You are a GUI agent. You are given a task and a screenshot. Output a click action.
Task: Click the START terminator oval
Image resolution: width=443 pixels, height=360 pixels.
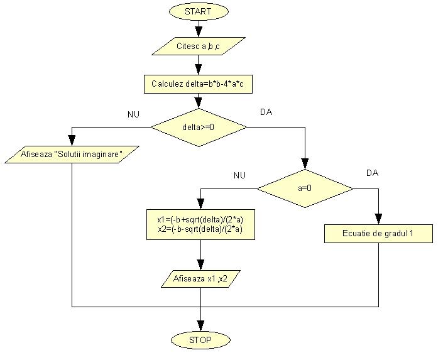pyautogui.click(x=199, y=11)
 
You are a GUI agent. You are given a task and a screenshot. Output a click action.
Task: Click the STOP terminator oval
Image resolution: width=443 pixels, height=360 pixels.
pyautogui.click(x=200, y=340)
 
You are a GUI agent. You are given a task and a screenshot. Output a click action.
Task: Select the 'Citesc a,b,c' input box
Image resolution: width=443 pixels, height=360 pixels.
pyautogui.click(x=199, y=46)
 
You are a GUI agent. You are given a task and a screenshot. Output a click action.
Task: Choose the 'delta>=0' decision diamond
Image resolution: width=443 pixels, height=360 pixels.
pyautogui.click(x=199, y=128)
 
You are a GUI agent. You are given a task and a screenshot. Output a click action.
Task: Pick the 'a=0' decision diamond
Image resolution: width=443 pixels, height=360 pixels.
pyautogui.click(x=305, y=188)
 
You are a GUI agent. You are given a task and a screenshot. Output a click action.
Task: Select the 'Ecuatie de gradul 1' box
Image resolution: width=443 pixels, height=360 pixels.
pyautogui.click(x=378, y=234)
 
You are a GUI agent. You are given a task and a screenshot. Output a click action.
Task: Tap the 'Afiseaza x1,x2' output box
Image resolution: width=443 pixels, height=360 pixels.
pyautogui.click(x=200, y=278)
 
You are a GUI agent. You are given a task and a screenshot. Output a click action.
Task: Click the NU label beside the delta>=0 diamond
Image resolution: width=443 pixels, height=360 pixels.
pyautogui.click(x=133, y=114)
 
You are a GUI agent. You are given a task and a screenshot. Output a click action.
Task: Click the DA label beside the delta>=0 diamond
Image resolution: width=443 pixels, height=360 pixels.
pyautogui.click(x=266, y=112)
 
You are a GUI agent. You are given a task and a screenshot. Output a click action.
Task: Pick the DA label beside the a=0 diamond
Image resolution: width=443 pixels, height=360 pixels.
pyautogui.click(x=373, y=172)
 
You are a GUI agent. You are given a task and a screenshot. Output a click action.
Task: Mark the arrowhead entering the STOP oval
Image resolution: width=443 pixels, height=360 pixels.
pyautogui.click(x=200, y=325)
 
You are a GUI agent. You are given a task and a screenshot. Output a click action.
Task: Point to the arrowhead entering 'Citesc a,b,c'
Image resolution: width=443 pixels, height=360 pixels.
pyautogui.click(x=199, y=33)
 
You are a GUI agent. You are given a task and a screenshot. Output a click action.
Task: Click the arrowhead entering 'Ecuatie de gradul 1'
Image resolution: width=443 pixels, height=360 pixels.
pyautogui.click(x=378, y=219)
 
